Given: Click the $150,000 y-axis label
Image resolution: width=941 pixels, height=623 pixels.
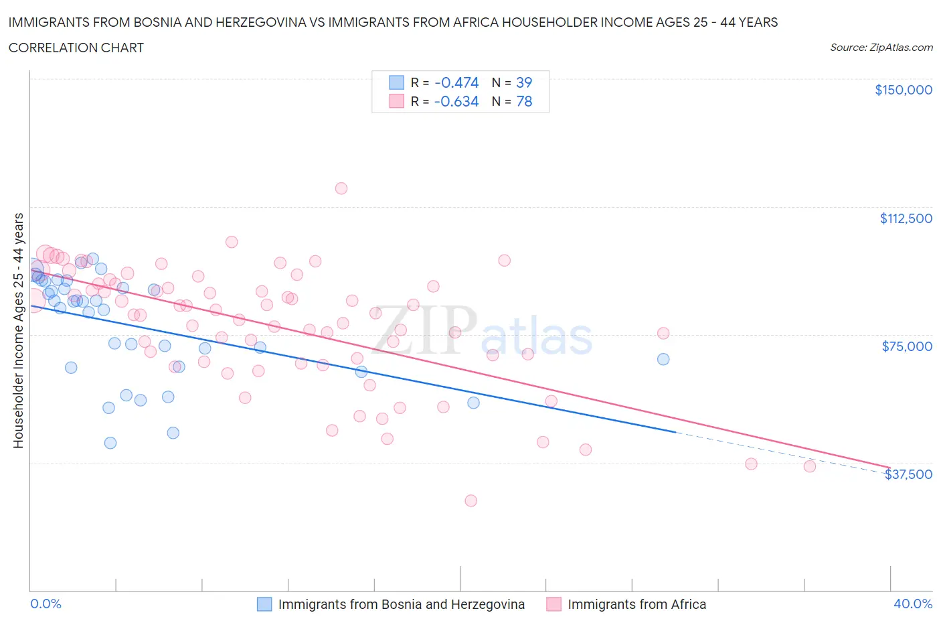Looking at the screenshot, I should click(x=903, y=90).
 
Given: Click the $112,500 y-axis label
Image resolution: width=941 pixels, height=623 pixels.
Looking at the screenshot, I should click(x=906, y=218).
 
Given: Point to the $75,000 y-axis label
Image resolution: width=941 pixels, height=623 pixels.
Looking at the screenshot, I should click(x=906, y=346).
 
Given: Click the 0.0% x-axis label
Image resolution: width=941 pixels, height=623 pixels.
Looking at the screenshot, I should click(x=46, y=604).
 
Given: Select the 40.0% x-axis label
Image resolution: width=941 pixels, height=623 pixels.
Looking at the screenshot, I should click(x=912, y=604).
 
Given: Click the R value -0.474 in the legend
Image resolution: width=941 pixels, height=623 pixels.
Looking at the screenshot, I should click(x=456, y=82).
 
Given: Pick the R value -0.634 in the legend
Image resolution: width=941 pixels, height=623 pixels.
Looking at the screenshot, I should click(x=456, y=101).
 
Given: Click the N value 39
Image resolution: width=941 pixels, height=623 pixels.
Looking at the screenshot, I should click(x=523, y=82).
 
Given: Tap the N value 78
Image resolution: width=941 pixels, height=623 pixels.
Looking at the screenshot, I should click(x=523, y=101).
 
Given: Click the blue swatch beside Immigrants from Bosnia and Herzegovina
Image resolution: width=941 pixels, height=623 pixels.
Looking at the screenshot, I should click(x=264, y=604).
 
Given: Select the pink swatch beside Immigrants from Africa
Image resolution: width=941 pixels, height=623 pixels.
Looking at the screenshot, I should click(x=553, y=604).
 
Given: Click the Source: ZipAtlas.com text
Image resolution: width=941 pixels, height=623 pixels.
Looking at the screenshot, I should click(x=881, y=48).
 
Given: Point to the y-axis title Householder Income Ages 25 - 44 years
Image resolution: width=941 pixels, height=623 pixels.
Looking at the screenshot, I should click(x=18, y=330).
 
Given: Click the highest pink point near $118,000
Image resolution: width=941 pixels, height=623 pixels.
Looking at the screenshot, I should click(x=341, y=188).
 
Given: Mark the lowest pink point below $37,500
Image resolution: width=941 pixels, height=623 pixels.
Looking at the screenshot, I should click(x=470, y=500).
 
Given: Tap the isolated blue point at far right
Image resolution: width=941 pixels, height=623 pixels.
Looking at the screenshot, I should click(x=663, y=359).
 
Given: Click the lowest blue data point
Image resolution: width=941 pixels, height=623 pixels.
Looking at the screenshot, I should click(x=110, y=443).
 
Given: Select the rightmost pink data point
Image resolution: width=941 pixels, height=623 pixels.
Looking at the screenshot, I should click(x=810, y=466).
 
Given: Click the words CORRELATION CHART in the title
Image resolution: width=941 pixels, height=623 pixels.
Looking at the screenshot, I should click(x=76, y=48).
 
